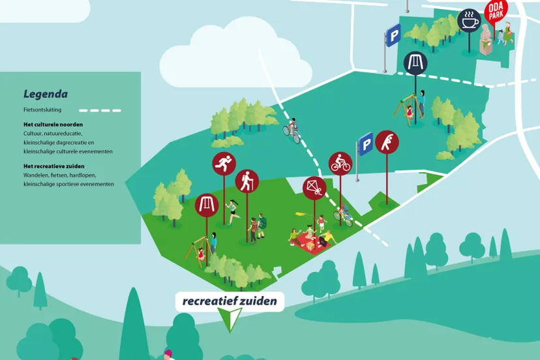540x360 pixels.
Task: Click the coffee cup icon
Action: pos(468,20)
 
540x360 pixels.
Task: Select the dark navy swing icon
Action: pos(414,63)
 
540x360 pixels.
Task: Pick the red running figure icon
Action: pos(224,164)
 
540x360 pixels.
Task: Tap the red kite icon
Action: pos(314,188)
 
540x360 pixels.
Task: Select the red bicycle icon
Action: pos(340,163)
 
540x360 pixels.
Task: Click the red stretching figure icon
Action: pos(387,142)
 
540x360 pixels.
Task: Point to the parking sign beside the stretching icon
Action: pos(365,143)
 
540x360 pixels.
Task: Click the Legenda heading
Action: pos(46,94)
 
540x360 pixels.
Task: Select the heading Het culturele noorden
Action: pos(53,124)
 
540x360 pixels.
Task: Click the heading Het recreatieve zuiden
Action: pos(54,166)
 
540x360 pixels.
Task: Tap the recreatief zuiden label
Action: pos(230,301)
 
